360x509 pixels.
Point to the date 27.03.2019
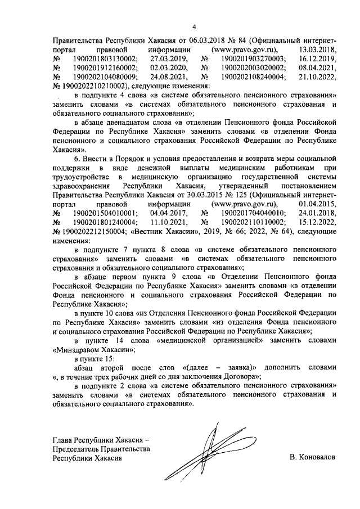point(164,59)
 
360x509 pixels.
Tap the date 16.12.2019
point(318,59)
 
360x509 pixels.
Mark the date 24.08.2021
point(164,77)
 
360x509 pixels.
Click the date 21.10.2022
point(318,77)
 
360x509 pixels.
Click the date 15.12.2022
point(318,222)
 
